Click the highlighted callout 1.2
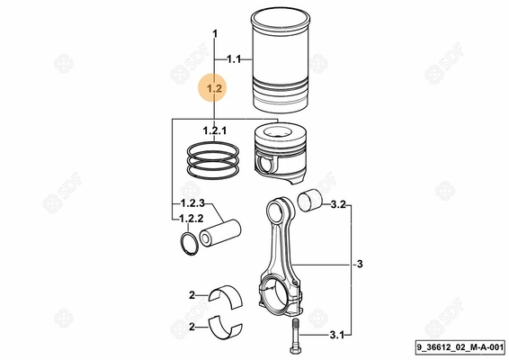pos(214,88)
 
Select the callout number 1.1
pos(234,59)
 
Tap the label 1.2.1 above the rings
pos(214,131)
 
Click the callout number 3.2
pos(337,205)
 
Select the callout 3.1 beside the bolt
pos(336,336)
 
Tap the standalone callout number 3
pos(360,265)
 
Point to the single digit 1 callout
pos(214,34)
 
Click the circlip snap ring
pos(189,244)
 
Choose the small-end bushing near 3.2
pos(313,201)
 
